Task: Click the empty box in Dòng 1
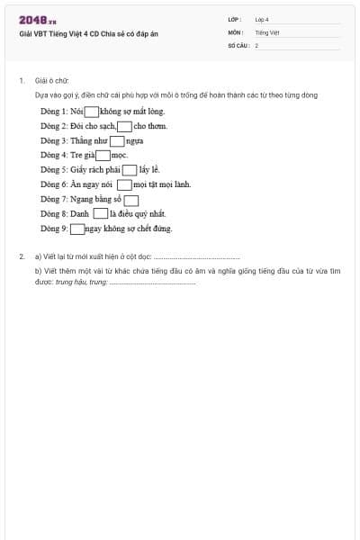(x=91, y=112)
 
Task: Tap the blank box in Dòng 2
(x=125, y=126)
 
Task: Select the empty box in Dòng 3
(x=117, y=140)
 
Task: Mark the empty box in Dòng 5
(x=130, y=170)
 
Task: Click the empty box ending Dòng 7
(x=131, y=200)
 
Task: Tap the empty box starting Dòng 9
(x=76, y=229)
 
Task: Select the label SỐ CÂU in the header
(x=237, y=44)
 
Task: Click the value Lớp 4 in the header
(x=262, y=19)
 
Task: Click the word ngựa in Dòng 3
(x=135, y=141)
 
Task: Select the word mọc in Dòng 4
(x=120, y=156)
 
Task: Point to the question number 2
(x=21, y=256)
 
